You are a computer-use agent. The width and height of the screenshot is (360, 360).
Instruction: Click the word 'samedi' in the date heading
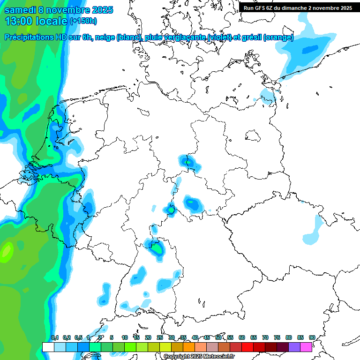pyautogui.click(x=20, y=10)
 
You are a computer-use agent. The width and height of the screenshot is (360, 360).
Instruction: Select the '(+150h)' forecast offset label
pyautogui.click(x=84, y=21)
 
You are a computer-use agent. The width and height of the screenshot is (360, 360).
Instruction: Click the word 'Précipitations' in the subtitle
pyautogui.click(x=33, y=37)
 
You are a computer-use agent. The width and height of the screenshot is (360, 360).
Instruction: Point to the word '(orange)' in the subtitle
pyautogui.click(x=278, y=37)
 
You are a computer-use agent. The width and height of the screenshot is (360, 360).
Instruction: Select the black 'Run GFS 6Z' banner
pyautogui.click(x=298, y=8)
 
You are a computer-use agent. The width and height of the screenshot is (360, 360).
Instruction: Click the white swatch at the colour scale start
pyautogui.click(x=48, y=347)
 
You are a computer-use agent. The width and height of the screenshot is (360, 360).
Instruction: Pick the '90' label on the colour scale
pyautogui.click(x=312, y=337)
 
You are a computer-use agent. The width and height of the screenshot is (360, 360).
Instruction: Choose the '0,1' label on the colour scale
pyautogui.click(x=55, y=337)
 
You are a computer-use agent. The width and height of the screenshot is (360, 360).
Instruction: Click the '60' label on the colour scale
pyautogui.click(x=242, y=337)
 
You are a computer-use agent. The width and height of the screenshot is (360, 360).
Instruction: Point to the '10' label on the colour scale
pyautogui.click(x=125, y=337)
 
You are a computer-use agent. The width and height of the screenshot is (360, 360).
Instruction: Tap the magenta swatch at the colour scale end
pyautogui.click(x=306, y=347)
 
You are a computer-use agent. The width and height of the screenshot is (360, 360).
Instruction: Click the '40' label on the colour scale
pyautogui.click(x=195, y=337)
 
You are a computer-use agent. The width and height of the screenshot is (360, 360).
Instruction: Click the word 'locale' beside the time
pyautogui.click(x=51, y=21)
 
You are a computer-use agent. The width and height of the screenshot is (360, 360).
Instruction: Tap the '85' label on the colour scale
pyautogui.click(x=300, y=337)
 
